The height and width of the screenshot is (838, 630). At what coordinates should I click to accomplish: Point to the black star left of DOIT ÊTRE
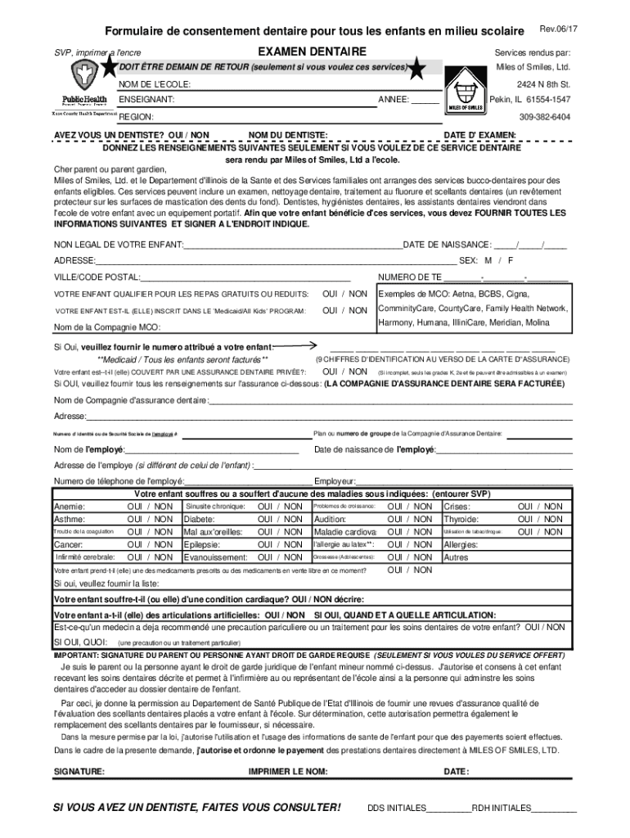click(107, 68)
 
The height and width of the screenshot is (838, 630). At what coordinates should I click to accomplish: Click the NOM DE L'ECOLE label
click(155, 85)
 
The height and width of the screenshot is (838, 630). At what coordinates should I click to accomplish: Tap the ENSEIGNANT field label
click(147, 100)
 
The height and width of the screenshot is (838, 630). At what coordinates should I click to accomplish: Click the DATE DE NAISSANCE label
click(448, 244)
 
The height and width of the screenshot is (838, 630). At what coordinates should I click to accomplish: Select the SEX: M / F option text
click(486, 260)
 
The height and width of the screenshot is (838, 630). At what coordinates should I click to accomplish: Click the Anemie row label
click(70, 507)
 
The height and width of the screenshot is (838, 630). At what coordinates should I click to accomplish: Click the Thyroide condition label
click(461, 519)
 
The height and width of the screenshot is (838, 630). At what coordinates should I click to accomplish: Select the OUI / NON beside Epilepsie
click(280, 544)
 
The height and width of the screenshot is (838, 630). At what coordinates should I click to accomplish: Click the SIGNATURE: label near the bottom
click(79, 771)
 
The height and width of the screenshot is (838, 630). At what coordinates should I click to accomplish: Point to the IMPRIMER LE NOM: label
click(287, 771)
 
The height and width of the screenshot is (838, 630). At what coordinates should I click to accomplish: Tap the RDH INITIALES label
click(501, 807)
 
